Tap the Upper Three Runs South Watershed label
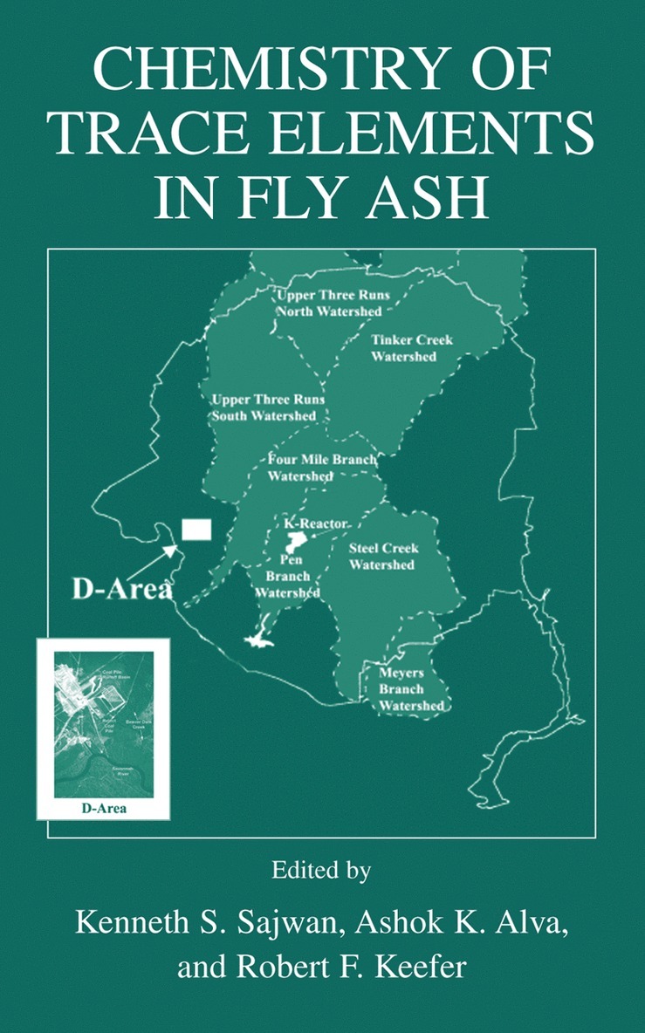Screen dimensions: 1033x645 coord(264,408)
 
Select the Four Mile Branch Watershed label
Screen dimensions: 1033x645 coord(320,468)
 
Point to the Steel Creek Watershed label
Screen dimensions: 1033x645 coord(383,557)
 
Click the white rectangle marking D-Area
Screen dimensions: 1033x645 coord(196,530)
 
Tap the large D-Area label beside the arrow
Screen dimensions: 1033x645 coord(122,589)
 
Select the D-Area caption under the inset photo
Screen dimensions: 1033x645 coord(103,808)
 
